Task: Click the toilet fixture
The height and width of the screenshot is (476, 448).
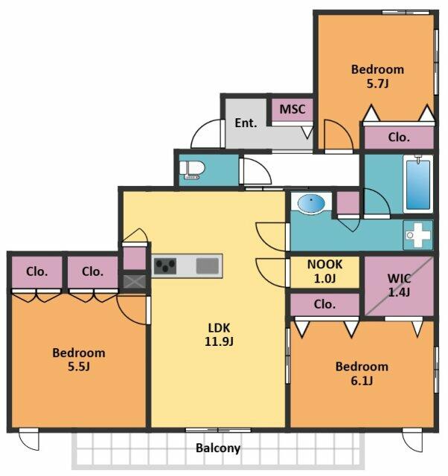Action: [x=192, y=170]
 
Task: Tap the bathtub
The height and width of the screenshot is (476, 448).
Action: [x=418, y=184]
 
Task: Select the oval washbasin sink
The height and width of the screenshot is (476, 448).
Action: [x=311, y=202]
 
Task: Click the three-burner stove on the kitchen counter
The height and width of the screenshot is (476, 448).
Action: [x=165, y=266]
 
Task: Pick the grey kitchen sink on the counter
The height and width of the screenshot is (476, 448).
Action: [x=208, y=266]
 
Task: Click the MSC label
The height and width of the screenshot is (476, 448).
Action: [x=292, y=109]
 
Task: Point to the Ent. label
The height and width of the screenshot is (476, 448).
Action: [x=246, y=123]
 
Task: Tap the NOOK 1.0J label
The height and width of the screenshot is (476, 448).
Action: [x=324, y=271]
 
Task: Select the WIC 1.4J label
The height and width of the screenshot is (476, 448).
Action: [x=400, y=285]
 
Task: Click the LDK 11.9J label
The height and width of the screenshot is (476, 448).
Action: [x=219, y=335]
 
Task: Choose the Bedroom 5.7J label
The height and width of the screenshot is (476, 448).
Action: [x=377, y=76]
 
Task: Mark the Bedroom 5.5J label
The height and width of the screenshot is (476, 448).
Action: [x=79, y=359]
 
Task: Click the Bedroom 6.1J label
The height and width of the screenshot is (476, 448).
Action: [x=362, y=373]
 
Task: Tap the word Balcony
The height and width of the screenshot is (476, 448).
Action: [x=218, y=448]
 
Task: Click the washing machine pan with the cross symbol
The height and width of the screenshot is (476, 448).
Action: [x=418, y=235]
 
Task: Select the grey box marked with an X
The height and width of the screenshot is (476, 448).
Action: [x=135, y=282]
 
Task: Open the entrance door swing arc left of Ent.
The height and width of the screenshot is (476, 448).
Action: [x=206, y=134]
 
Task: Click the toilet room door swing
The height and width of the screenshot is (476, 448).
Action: [x=256, y=171]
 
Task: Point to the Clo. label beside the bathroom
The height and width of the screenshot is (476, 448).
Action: [x=399, y=138]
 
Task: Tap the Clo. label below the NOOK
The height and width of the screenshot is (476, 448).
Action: [x=324, y=304]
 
